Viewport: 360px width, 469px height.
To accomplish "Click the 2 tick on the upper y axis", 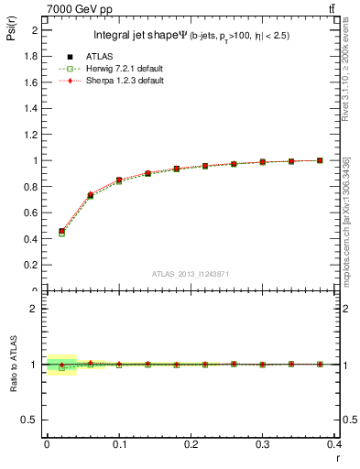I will pos(37,29).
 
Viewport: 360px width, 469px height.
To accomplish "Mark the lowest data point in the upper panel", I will pos(61,232).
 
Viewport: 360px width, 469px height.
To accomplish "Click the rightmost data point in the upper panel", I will pos(320,160).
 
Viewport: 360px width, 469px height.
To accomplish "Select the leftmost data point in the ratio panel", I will pos(61,365).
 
